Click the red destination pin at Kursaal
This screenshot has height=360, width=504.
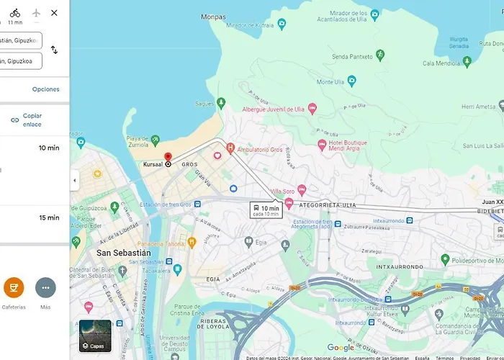pos(168,156)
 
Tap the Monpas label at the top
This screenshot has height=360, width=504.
pos(213,17)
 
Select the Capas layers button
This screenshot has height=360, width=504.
pos(95,336)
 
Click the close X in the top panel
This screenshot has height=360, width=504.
pos(54,13)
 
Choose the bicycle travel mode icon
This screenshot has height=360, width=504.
pos(15,12)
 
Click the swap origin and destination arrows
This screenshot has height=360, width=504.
pos(54,50)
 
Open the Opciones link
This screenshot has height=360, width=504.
pos(45,89)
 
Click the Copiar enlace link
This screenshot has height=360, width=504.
pos(32,120)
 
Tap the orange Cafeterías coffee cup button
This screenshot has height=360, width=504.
pos(14,288)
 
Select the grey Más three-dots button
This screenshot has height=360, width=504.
pos(45,288)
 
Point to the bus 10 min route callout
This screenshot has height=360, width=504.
pos(266,210)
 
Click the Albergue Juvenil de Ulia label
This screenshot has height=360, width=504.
pos(274,109)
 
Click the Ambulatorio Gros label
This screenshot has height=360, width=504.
pos(257,149)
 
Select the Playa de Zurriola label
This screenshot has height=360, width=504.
pos(138,142)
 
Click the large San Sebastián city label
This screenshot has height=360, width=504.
pos(124,253)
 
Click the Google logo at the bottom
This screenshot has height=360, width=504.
pos(341,348)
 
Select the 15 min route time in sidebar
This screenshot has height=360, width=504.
pos(49,217)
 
